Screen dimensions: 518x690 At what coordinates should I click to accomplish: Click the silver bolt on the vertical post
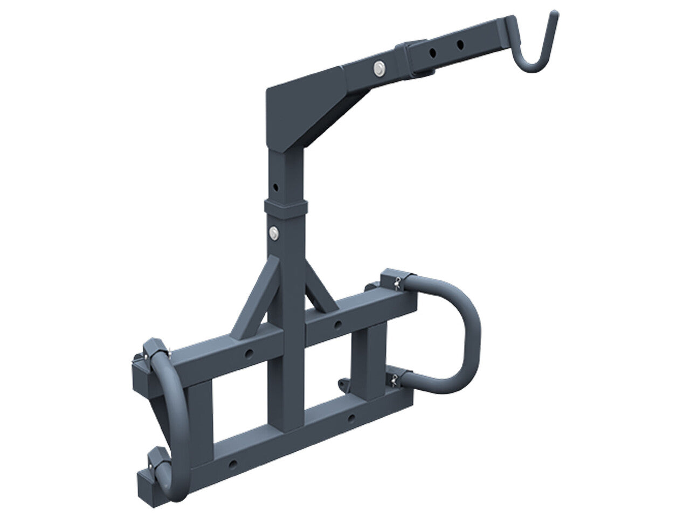[275, 232]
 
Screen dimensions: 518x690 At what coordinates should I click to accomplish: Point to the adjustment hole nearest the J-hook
[460, 43]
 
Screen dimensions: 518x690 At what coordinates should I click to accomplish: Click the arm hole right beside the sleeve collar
[433, 52]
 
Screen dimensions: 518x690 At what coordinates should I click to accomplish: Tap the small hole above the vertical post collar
[275, 187]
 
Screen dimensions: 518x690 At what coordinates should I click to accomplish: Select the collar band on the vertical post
[286, 206]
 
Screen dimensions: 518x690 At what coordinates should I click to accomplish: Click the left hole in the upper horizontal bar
[250, 353]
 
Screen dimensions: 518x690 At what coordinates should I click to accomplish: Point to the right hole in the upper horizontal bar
[337, 324]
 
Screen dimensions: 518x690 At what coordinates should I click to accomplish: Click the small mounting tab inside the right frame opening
[343, 383]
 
